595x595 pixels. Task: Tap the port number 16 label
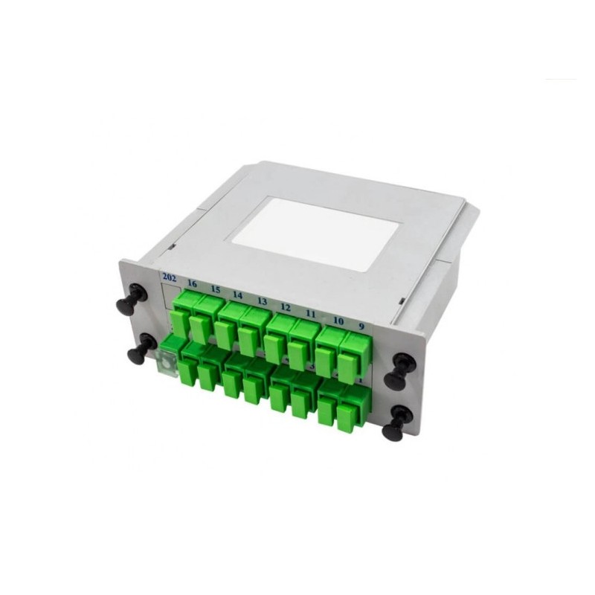coord(193,284)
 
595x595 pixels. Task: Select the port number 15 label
coord(215,289)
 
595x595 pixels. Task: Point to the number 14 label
coord(237,295)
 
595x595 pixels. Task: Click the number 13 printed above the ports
coord(262,300)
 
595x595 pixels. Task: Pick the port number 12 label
coord(285,306)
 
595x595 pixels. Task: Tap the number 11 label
coord(311,313)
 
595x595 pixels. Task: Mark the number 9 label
coord(361,325)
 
